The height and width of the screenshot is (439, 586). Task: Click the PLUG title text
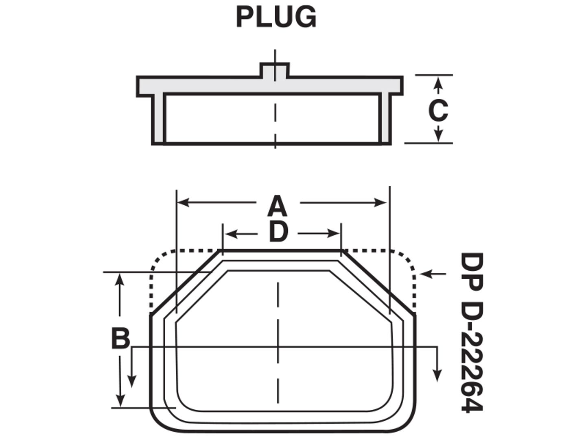coord(276,17)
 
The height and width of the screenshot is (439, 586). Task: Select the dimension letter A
coord(278,206)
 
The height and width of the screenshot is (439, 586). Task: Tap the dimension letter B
coord(120,338)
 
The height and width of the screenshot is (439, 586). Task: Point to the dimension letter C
coord(438,111)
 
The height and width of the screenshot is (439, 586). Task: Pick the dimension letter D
coord(278,233)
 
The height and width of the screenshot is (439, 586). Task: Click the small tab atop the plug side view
coord(275,70)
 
